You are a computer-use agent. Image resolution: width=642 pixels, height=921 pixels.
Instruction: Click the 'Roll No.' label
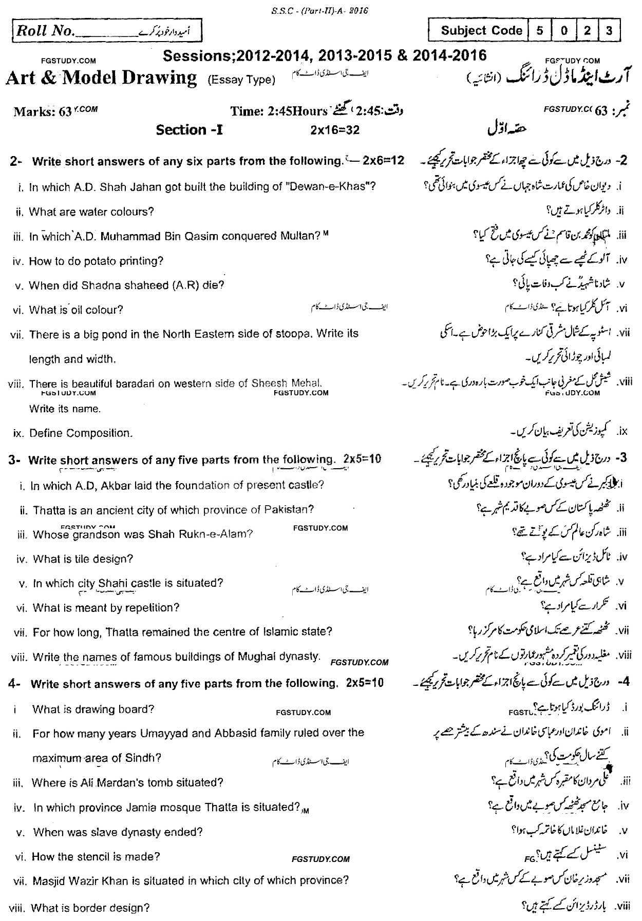tap(45, 31)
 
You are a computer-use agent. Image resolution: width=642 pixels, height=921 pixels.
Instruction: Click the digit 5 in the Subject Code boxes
tap(540, 31)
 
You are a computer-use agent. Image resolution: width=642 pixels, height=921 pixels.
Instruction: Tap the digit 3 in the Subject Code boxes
tap(609, 31)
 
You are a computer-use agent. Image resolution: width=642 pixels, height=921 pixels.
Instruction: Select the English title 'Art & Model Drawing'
tap(101, 78)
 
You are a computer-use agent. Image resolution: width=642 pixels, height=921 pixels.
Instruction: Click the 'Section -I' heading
tap(190, 130)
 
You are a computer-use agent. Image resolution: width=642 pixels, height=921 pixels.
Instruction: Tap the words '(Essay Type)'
tap(241, 80)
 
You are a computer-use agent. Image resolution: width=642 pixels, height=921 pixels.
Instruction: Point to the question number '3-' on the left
tap(15, 460)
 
